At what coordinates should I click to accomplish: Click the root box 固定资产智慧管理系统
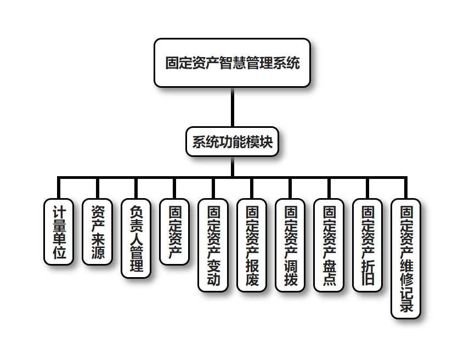pyautogui.click(x=232, y=63)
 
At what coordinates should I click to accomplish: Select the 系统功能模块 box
pyautogui.click(x=232, y=142)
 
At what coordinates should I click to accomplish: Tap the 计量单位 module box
pyautogui.click(x=59, y=232)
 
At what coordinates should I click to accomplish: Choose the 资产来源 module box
pyautogui.click(x=97, y=232)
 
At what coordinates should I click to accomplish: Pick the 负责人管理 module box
pyautogui.click(x=136, y=238)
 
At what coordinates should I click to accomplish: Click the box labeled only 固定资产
pyautogui.click(x=174, y=232)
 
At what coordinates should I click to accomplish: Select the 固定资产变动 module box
pyautogui.click(x=213, y=245)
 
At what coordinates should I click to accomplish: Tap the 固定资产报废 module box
pyautogui.click(x=252, y=245)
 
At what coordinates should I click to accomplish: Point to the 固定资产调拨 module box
pyautogui.click(x=291, y=245)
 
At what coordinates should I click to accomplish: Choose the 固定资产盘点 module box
pyautogui.click(x=329, y=245)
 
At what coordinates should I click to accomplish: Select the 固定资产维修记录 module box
pyautogui.click(x=406, y=258)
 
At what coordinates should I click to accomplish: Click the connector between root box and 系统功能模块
pyautogui.click(x=232, y=107)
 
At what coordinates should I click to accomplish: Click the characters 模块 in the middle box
pyautogui.click(x=259, y=142)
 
